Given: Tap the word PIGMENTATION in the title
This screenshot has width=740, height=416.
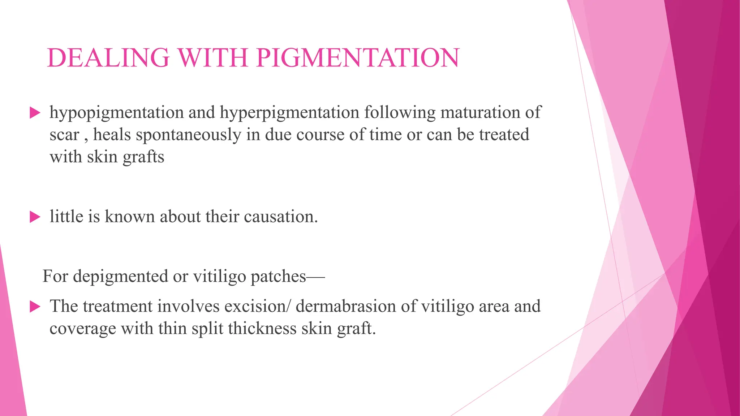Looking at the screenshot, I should pos(358,58).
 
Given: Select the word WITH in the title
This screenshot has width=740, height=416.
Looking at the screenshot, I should pos(213,58).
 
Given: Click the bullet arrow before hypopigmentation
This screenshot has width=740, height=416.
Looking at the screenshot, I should pos(35,113).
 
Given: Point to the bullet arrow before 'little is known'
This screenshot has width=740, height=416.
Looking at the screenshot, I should pos(35,217).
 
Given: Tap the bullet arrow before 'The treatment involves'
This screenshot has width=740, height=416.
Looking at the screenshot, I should pos(35,307).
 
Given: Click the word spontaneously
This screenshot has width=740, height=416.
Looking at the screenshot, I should pos(188,135).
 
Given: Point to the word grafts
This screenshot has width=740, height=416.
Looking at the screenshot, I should pos(143,157).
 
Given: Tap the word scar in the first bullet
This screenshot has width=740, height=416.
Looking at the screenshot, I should pos(64,135).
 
